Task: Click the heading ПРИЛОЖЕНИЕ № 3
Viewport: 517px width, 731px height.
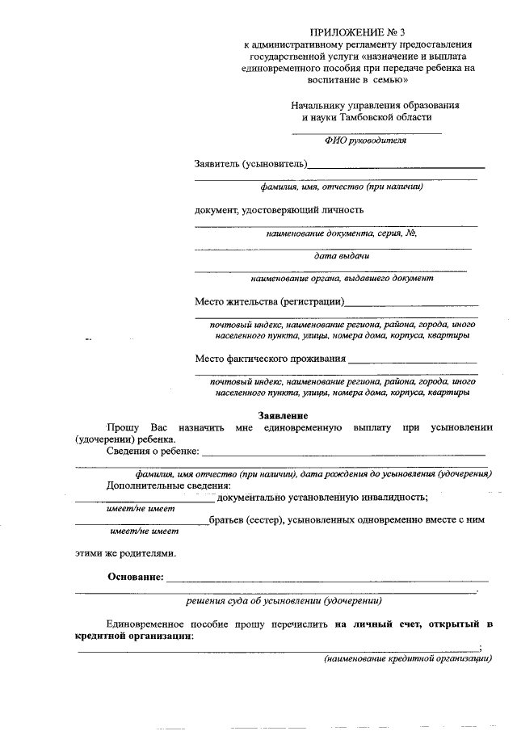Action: (359, 32)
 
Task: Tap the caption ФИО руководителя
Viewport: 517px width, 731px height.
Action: (365, 140)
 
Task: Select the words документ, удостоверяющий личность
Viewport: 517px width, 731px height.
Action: (279, 210)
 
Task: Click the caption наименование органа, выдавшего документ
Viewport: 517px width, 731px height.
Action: (342, 279)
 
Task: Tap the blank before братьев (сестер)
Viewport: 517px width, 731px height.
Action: (141, 523)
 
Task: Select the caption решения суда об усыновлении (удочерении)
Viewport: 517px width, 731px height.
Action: (284, 602)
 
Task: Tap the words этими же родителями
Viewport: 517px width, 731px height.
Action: (125, 554)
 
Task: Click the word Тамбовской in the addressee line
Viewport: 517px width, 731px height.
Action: (369, 118)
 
